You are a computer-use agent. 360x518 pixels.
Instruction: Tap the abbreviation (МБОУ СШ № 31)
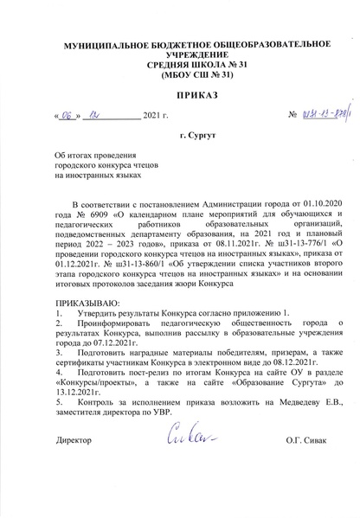[x=179, y=75]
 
